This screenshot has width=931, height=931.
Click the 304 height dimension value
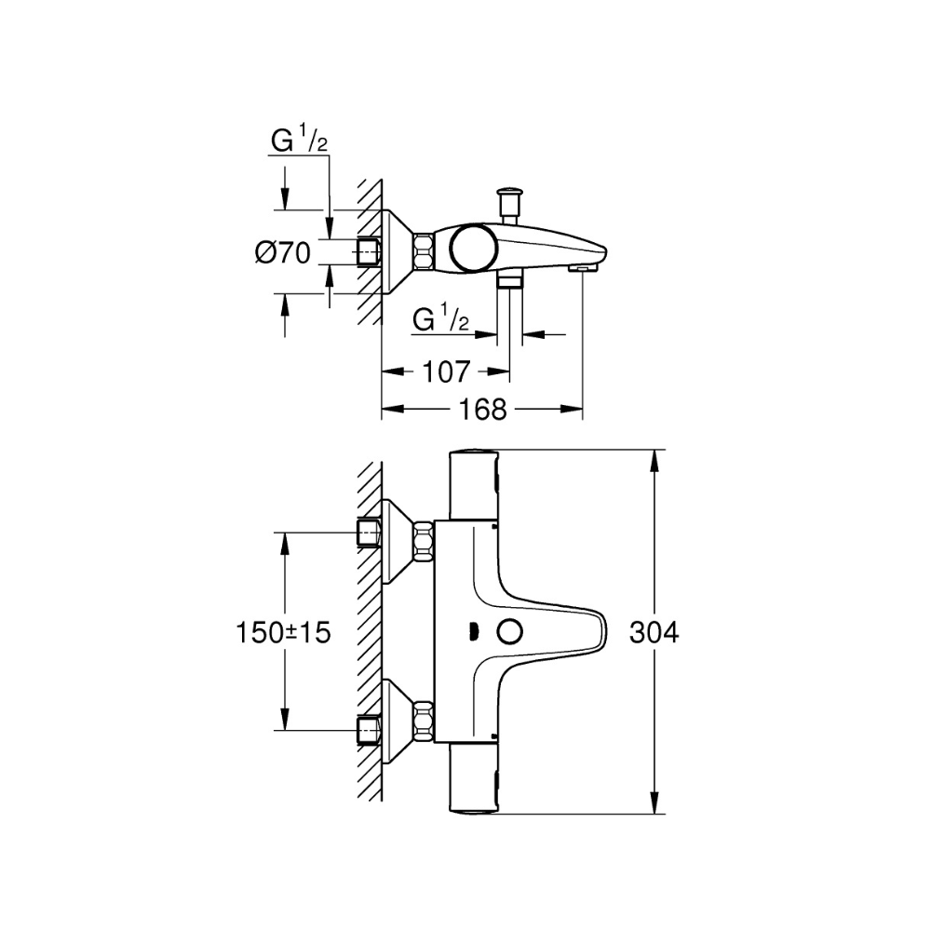click(654, 633)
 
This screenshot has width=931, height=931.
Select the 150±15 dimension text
click(283, 633)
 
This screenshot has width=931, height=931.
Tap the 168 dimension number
click(482, 409)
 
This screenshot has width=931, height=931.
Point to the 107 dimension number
click(446, 372)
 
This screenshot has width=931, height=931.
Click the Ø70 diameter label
click(283, 253)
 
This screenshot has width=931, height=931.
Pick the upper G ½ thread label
click(299, 141)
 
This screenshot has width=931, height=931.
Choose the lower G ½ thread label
click(440, 320)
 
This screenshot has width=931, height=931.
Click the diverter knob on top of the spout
click(510, 206)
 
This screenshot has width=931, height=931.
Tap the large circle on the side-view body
click(473, 249)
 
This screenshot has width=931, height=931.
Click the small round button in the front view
click(509, 632)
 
